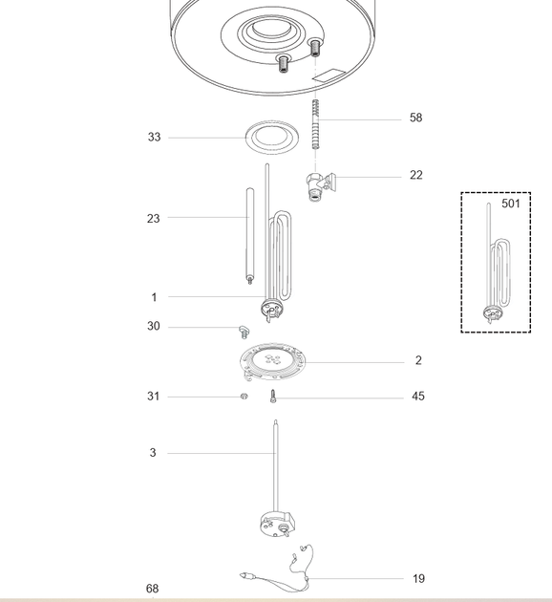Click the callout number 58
pos(415,118)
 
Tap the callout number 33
pos(154,137)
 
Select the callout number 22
pos(416,175)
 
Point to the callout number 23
pos(153,219)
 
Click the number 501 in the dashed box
pos(511,204)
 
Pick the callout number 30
pos(154,326)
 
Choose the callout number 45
pos(418,397)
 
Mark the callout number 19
pos(418,578)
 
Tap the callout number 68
pos(152,589)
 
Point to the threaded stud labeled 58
pos(315,124)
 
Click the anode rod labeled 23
pos(250,235)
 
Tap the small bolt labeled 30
pos(244,332)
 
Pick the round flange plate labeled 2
pos(273,362)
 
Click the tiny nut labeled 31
pos(244,396)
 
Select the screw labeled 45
pos(273,397)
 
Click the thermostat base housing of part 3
pos(277,525)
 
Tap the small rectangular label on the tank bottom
pos(329,75)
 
